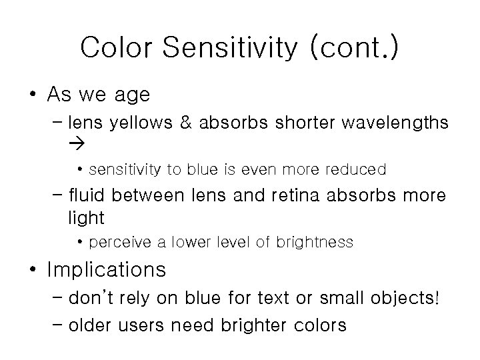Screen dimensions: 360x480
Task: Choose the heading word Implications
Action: (x=107, y=269)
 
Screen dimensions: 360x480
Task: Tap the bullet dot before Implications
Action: (x=33, y=269)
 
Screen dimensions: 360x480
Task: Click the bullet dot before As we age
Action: (x=33, y=95)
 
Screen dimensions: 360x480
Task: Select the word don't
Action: (x=93, y=298)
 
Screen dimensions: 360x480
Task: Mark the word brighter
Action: (x=255, y=325)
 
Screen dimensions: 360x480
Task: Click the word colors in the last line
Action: (x=322, y=325)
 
